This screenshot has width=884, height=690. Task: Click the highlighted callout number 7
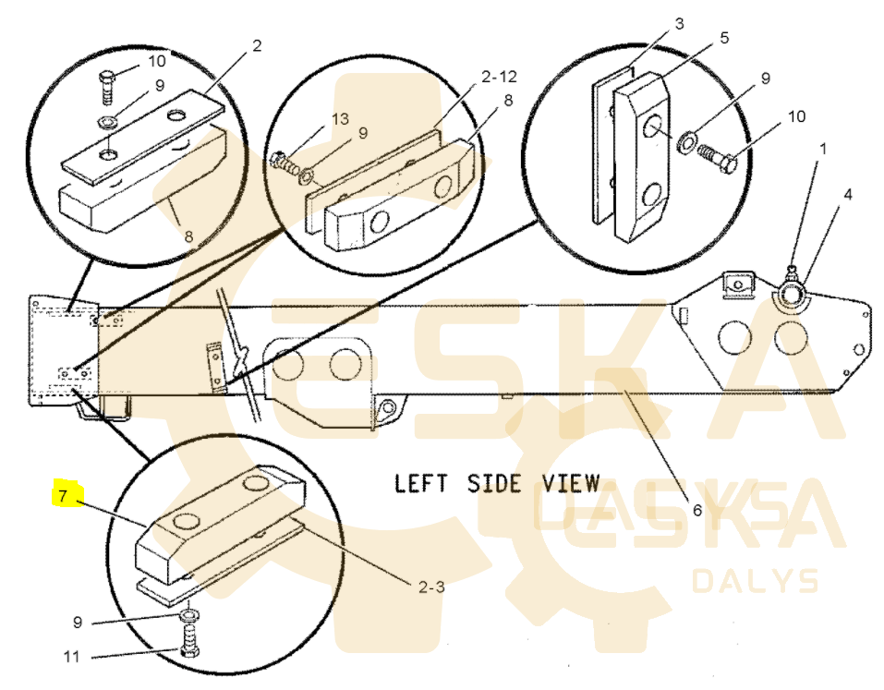tap(63, 496)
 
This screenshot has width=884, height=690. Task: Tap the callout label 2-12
tap(499, 76)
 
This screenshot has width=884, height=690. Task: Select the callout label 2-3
tap(431, 587)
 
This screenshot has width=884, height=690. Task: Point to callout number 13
tap(340, 119)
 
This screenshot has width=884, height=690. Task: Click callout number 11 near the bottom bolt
tap(72, 657)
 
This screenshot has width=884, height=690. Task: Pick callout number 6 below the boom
tap(697, 510)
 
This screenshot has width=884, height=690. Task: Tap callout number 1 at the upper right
tap(823, 149)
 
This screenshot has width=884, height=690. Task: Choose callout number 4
tap(847, 195)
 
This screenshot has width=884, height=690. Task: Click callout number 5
tap(724, 38)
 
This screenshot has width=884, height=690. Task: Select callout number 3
tap(679, 24)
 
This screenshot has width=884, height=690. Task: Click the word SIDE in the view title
tap(494, 484)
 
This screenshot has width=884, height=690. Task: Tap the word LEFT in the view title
tap(420, 484)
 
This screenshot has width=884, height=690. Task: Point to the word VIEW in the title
tap(571, 484)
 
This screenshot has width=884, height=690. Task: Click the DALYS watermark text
tap(756, 581)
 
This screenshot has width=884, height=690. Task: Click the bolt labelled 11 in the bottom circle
tap(190, 640)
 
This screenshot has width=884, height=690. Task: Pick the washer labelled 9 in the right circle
tap(686, 141)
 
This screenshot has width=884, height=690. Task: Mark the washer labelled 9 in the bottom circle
tap(189, 614)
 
